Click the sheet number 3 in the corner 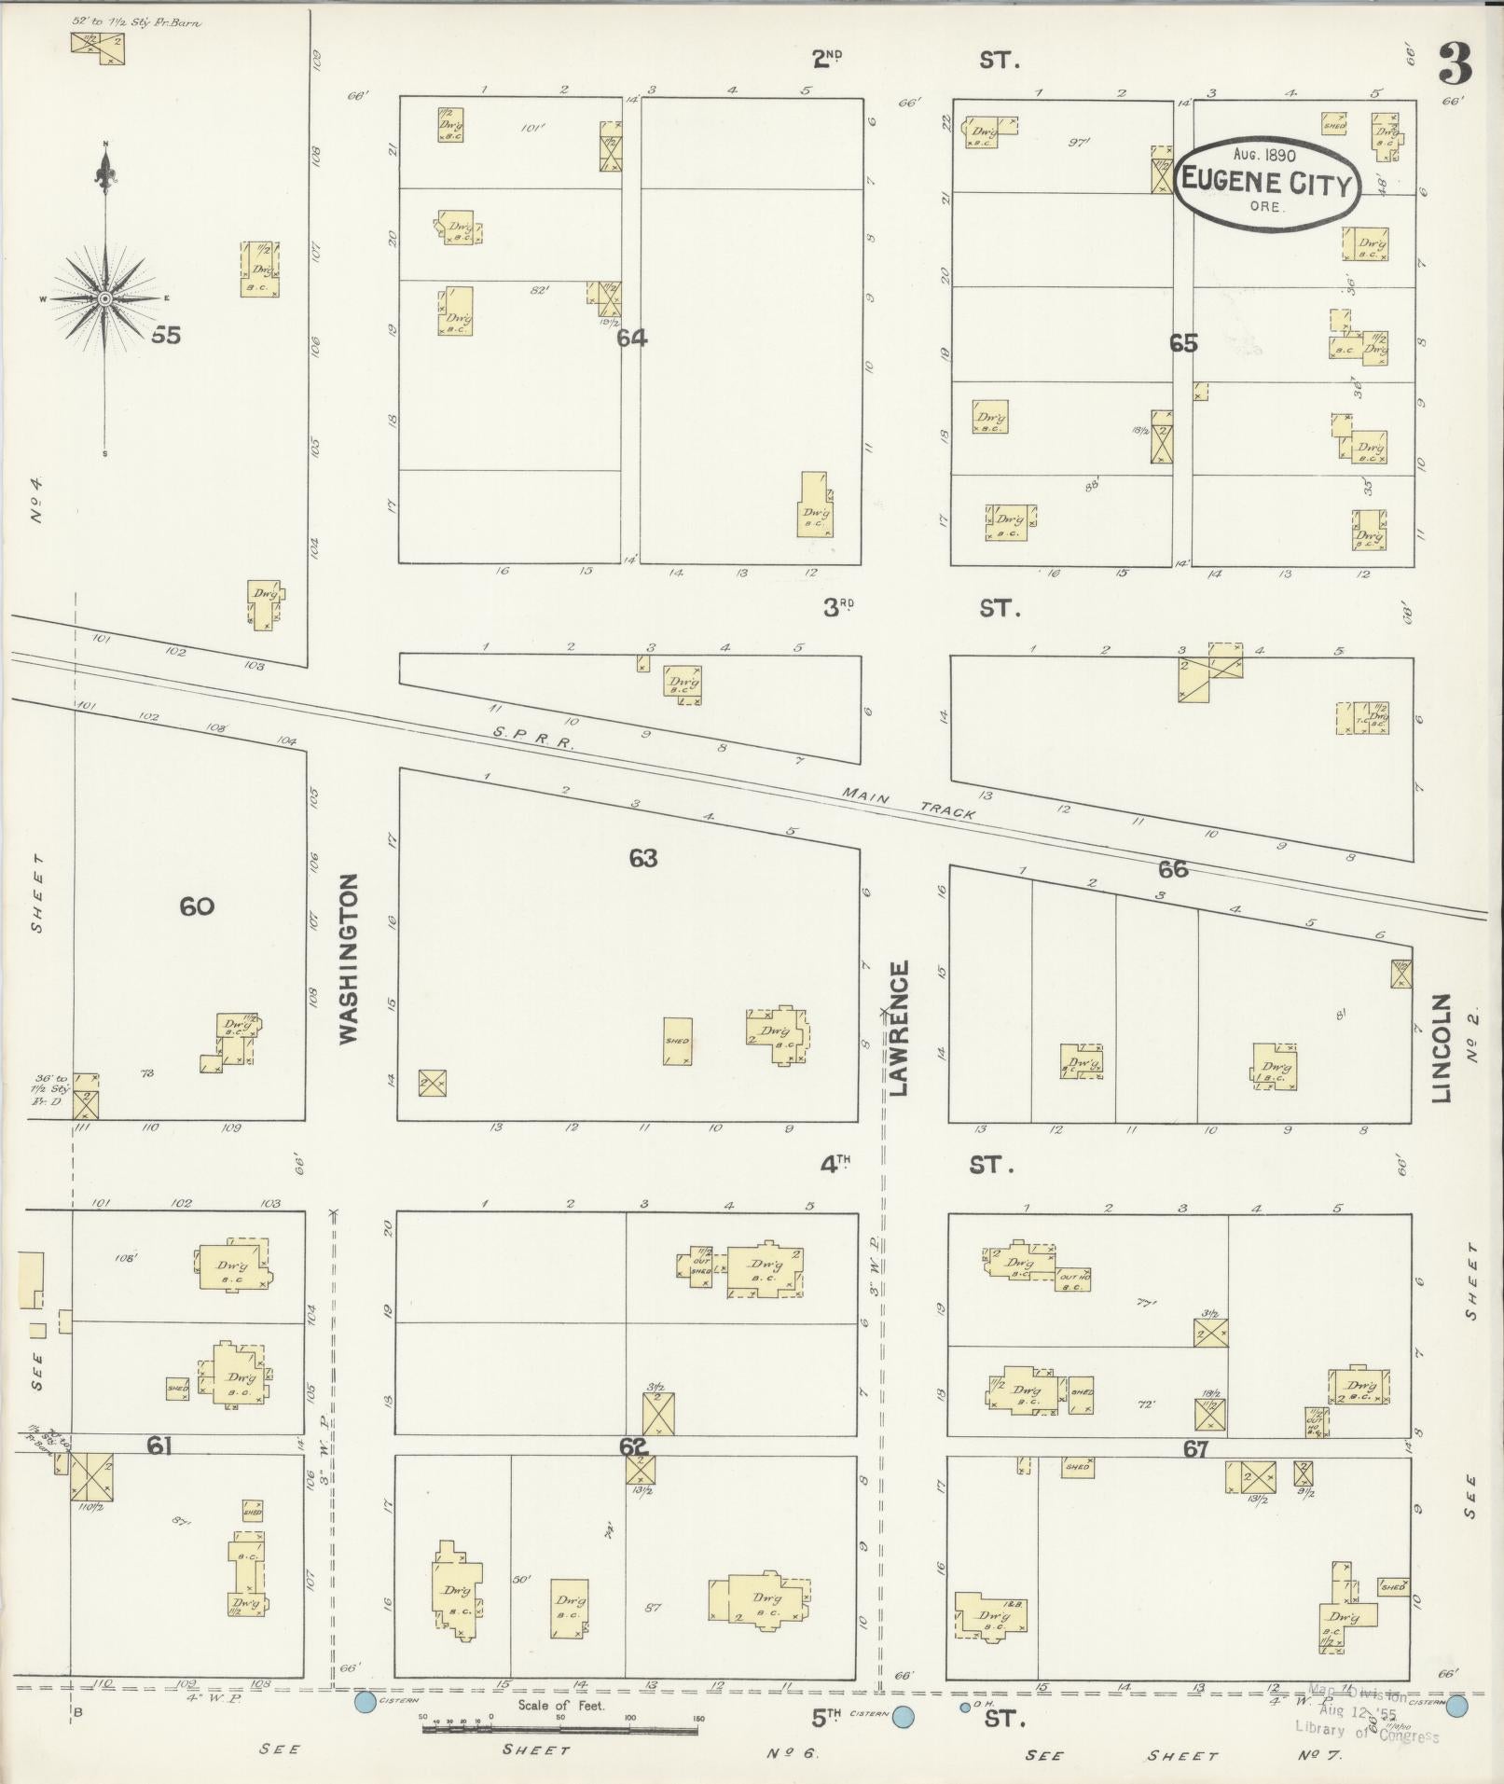click(1454, 63)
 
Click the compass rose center click(105, 297)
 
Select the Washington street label click(349, 958)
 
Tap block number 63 click(642, 858)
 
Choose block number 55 click(165, 335)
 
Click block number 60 click(197, 906)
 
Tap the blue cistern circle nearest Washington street click(366, 1703)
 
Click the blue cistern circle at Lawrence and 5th click(903, 1716)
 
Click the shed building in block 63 click(678, 1041)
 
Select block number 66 click(1172, 869)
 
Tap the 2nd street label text click(827, 61)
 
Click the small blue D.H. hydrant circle click(964, 1708)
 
